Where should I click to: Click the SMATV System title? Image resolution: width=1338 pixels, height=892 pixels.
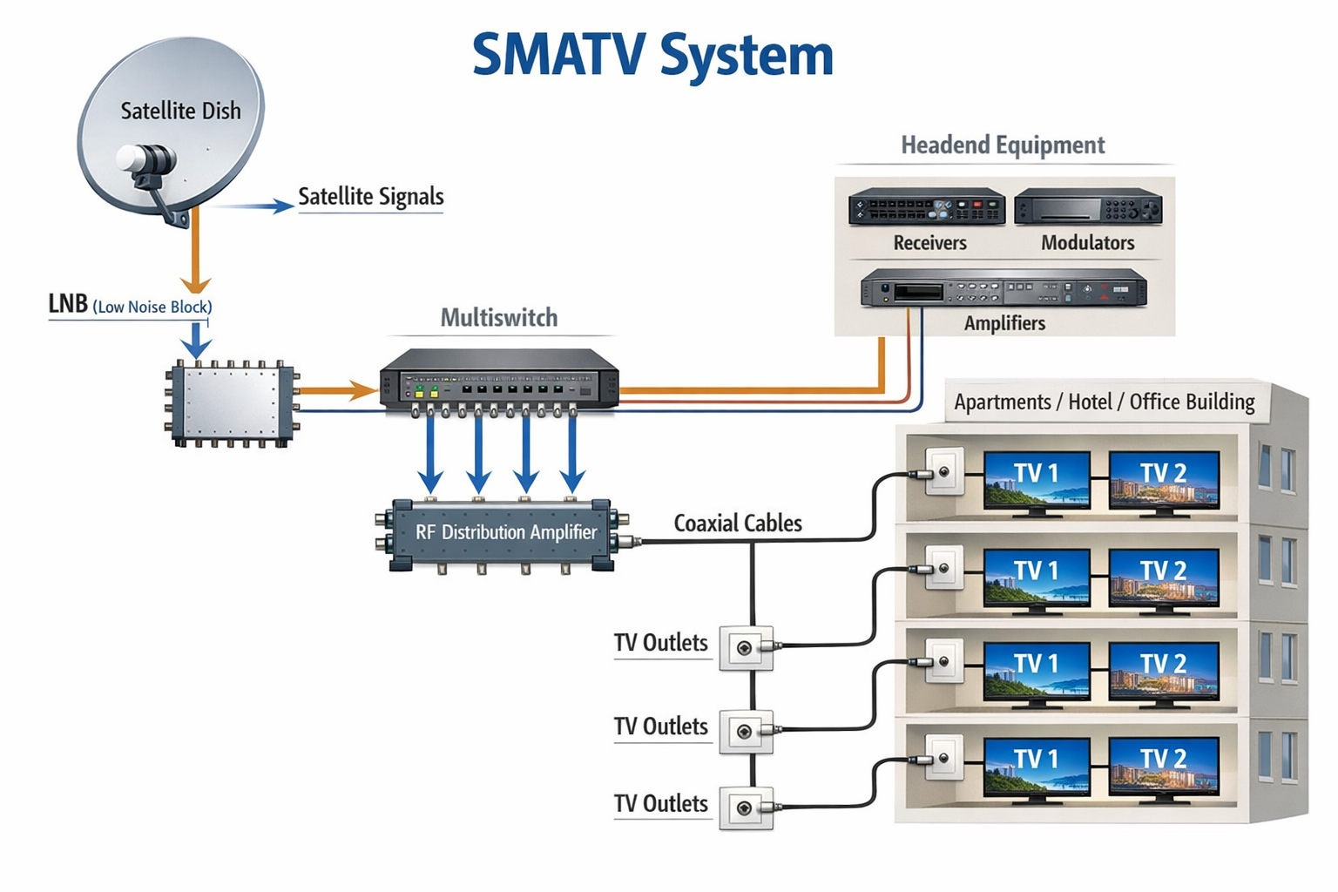coord(652,56)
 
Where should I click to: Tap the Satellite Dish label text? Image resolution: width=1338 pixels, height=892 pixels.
coord(180,111)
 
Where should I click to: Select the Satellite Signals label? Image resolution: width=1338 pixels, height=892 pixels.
coord(370,197)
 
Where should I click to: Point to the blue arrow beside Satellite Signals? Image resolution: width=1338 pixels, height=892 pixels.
coord(253,206)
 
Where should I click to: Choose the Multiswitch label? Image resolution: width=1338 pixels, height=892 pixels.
coord(498,318)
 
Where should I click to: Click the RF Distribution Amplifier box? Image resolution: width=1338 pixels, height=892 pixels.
coord(505,533)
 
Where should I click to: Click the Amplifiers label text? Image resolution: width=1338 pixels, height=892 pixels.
coord(1003,323)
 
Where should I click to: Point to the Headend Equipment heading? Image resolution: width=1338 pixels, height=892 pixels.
coord(1003,145)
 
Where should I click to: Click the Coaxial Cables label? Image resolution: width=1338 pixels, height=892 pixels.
coord(737,524)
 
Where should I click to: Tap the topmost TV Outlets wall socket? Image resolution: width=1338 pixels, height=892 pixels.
coord(746,648)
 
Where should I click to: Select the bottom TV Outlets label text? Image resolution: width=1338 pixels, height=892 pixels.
coord(660,804)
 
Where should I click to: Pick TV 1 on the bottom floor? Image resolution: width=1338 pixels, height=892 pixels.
coord(1036,766)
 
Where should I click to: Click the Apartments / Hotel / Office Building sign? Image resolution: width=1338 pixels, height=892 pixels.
coord(1104,402)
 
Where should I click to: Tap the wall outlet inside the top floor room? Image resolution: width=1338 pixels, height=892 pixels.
coord(943,472)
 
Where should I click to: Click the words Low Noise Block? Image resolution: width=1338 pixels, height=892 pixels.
coord(152,307)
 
